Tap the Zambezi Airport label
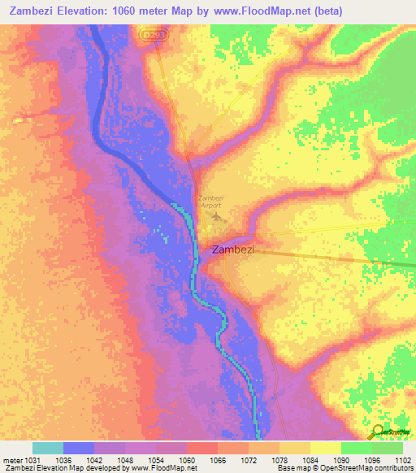(210, 202)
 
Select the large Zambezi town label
(233, 250)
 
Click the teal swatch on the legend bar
(48, 448)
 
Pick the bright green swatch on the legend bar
(356, 448)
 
